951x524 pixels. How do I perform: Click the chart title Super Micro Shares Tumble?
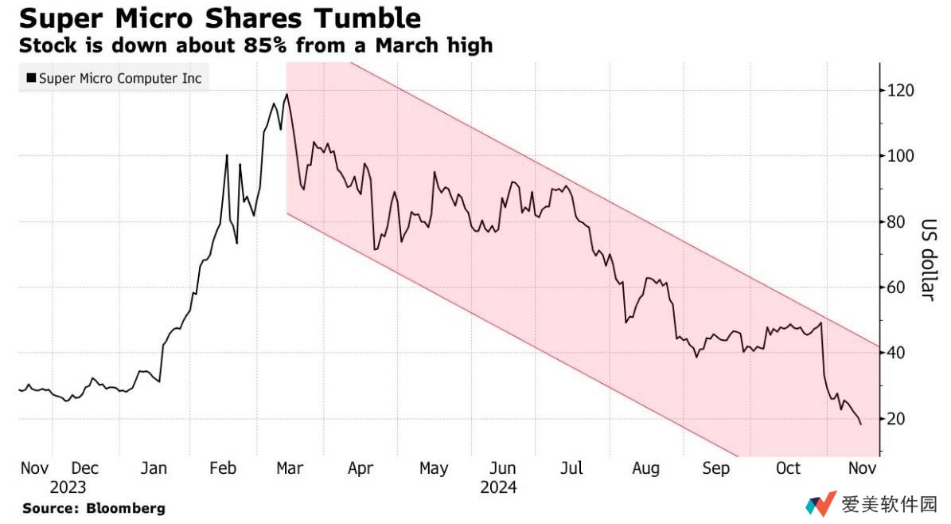[x=220, y=18]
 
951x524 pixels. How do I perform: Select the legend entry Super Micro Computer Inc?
[x=120, y=78]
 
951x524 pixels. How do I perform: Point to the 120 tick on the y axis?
[x=902, y=91]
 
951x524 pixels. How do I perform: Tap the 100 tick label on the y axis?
[x=902, y=156]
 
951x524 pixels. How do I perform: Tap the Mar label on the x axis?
[x=289, y=468]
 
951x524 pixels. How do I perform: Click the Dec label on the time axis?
[x=85, y=468]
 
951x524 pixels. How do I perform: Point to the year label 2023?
[x=68, y=487]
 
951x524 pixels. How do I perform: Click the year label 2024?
[x=498, y=487]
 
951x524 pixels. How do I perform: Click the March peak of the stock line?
[x=286, y=95]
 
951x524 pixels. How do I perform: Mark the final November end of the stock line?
[x=860, y=424]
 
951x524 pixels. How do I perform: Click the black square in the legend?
[x=31, y=78]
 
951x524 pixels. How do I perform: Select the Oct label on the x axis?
[x=788, y=468]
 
